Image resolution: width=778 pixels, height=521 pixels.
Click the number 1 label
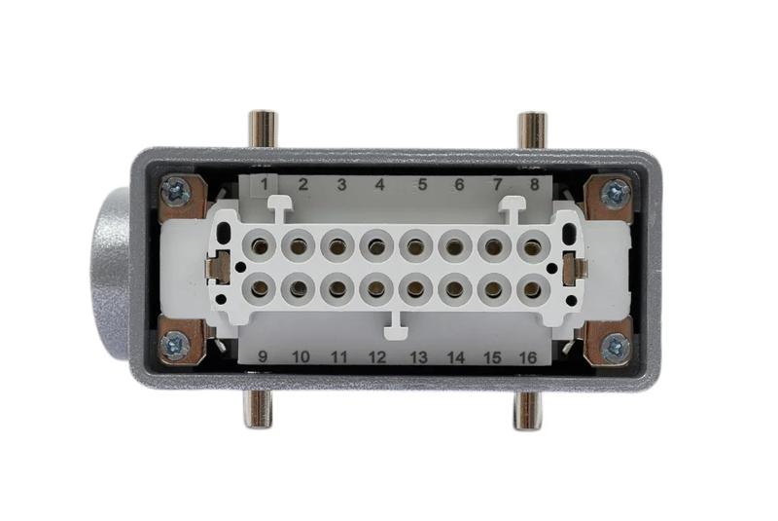point(265,185)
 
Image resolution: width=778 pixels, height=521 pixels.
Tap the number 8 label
point(534,185)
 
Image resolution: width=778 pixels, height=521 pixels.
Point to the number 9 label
point(263,356)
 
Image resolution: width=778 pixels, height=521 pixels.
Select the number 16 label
point(528,357)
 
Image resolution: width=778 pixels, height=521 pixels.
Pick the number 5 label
point(422,185)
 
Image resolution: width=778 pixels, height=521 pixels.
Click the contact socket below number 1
point(260,245)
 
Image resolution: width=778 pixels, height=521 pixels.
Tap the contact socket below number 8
point(533,245)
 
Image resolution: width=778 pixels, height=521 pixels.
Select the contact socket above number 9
point(260,288)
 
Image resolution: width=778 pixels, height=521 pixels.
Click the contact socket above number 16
point(533,288)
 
